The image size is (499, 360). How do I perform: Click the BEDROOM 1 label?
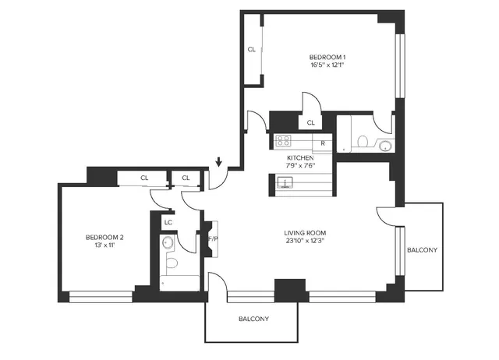(327, 57)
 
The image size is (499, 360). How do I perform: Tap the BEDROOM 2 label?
(104, 237)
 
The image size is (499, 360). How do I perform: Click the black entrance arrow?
(219, 162)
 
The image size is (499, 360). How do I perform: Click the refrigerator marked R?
(323, 143)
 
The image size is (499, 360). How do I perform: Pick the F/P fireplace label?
(212, 238)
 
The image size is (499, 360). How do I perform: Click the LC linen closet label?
(168, 223)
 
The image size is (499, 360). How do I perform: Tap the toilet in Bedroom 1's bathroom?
(361, 141)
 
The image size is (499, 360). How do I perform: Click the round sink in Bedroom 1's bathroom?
(384, 145)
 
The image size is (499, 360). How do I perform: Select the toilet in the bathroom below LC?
(172, 263)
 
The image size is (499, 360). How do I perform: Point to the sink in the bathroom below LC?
(166, 244)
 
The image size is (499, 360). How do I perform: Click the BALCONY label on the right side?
(422, 249)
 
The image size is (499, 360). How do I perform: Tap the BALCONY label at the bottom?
(253, 319)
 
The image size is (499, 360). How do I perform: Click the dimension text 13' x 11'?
(104, 245)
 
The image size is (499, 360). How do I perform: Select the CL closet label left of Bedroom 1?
(251, 49)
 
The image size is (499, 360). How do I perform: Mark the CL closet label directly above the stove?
(310, 122)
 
